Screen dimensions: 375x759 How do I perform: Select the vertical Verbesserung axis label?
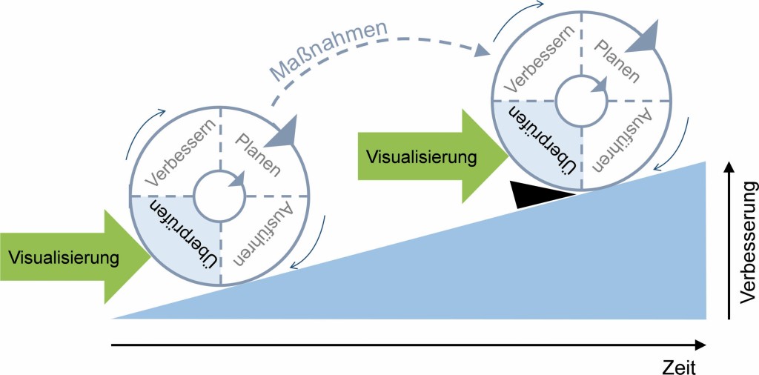click(x=746, y=242)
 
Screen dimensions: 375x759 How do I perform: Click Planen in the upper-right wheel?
click(x=621, y=59)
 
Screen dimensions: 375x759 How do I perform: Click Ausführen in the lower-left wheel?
click(x=258, y=236)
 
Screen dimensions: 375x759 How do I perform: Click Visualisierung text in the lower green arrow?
click(x=64, y=258)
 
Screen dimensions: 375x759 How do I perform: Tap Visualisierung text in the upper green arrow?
click(x=420, y=156)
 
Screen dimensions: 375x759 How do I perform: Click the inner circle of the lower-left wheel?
click(x=220, y=195)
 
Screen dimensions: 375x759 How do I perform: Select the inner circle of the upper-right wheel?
click(x=582, y=99)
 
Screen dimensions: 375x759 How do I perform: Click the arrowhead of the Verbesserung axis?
click(x=730, y=165)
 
